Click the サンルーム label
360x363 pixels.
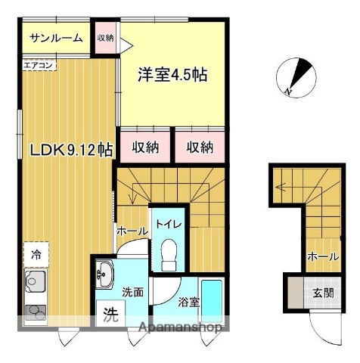tap(56, 39)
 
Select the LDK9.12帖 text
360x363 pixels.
tap(71, 150)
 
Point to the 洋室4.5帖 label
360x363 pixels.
tap(172, 76)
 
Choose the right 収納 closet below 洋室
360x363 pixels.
tap(200, 147)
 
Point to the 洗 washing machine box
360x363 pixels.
tap(110, 311)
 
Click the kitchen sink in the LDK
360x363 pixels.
tap(35, 284)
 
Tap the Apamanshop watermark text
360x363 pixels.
tap(181, 327)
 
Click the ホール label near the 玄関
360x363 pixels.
tap(323, 257)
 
